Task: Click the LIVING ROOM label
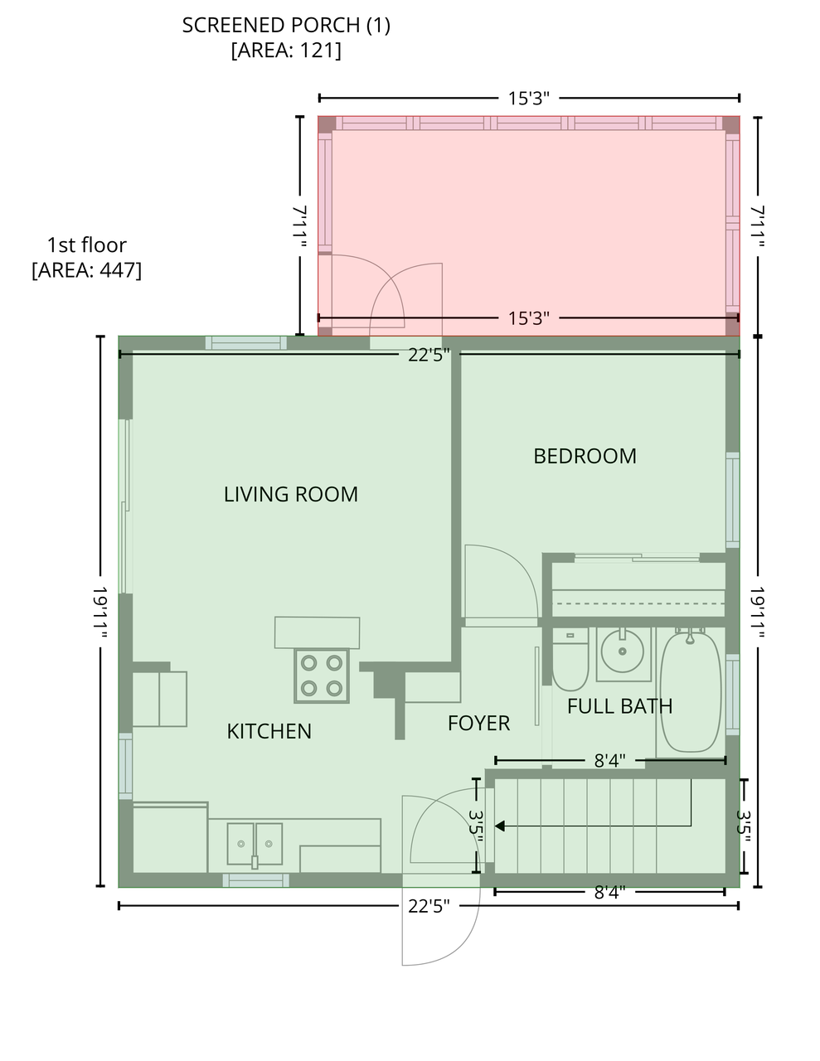click(290, 494)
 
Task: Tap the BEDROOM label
click(585, 456)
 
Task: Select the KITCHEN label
click(269, 731)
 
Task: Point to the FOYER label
click(478, 723)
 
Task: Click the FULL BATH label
click(619, 706)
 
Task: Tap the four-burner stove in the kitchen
click(322, 676)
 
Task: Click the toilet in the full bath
click(570, 659)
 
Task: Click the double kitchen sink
click(255, 844)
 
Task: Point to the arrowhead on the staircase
click(500, 826)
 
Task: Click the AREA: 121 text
click(286, 51)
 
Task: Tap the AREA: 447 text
click(86, 270)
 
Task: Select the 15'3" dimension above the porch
click(529, 98)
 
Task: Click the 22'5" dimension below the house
click(429, 906)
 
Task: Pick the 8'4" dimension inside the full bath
click(610, 760)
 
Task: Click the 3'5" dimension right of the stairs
click(743, 826)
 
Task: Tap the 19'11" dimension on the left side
click(100, 613)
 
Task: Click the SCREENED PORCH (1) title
click(286, 26)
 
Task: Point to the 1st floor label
click(86, 245)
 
